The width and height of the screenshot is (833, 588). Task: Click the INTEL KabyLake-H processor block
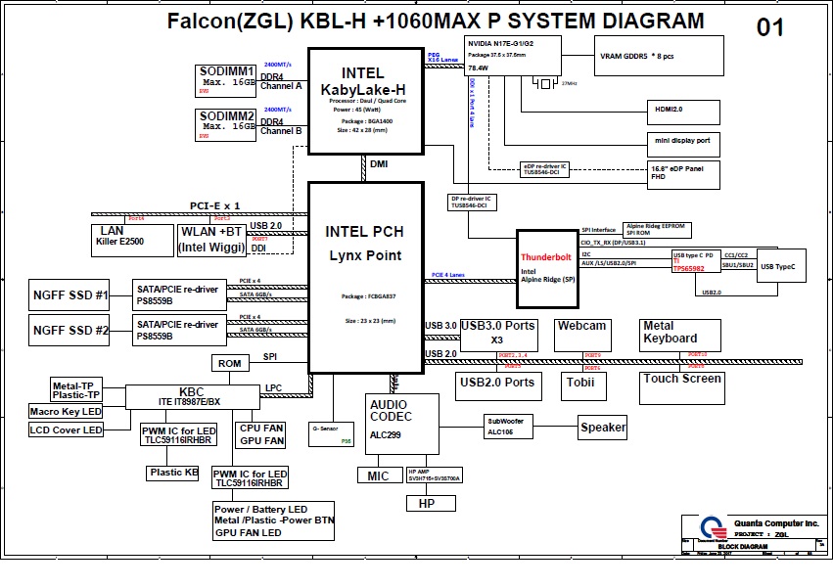click(x=364, y=102)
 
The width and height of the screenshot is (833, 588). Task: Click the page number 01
click(x=769, y=27)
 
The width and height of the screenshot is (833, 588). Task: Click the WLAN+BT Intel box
click(x=212, y=240)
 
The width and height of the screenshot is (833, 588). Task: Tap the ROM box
click(x=229, y=363)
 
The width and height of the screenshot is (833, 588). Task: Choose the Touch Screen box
click(x=682, y=383)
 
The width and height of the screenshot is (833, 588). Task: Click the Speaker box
click(x=603, y=428)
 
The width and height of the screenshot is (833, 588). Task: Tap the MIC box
click(x=378, y=476)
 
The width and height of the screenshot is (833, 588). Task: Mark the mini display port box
click(x=683, y=141)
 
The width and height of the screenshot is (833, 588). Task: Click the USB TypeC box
click(x=778, y=266)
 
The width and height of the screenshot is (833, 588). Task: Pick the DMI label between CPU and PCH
click(x=379, y=164)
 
